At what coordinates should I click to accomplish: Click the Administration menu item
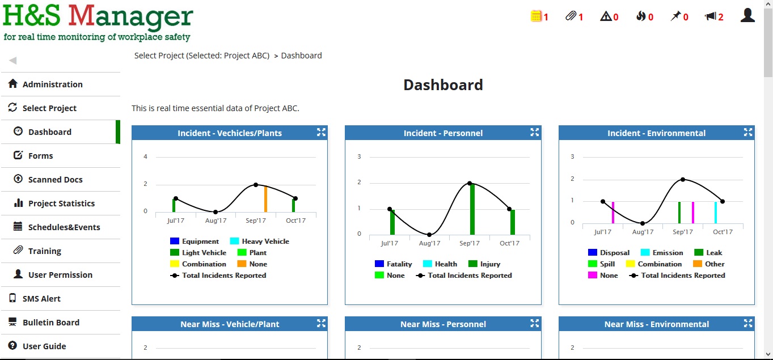(x=52, y=84)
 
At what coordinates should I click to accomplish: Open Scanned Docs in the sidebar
(x=55, y=180)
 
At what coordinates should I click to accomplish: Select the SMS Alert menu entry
(x=41, y=299)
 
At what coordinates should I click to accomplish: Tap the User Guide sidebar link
(x=44, y=346)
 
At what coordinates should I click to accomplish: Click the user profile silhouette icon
(x=747, y=15)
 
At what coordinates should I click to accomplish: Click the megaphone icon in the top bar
(x=710, y=16)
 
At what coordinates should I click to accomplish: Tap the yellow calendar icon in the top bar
(x=536, y=16)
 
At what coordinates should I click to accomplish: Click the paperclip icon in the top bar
(x=571, y=16)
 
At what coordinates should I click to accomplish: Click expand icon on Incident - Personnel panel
(x=534, y=132)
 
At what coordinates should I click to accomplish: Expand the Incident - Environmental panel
(x=748, y=132)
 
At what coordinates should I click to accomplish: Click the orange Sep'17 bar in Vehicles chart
(x=265, y=199)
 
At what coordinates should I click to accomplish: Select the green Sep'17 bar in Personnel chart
(x=472, y=209)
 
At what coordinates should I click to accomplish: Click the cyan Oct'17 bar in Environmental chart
(x=716, y=213)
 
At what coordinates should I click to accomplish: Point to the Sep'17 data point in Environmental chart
(x=683, y=179)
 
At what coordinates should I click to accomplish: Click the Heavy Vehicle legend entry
(x=265, y=242)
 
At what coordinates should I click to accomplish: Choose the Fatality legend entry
(x=399, y=264)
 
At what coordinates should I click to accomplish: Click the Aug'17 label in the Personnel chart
(x=429, y=244)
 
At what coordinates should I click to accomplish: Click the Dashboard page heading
(x=443, y=85)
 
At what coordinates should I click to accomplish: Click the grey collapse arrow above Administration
(x=12, y=61)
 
